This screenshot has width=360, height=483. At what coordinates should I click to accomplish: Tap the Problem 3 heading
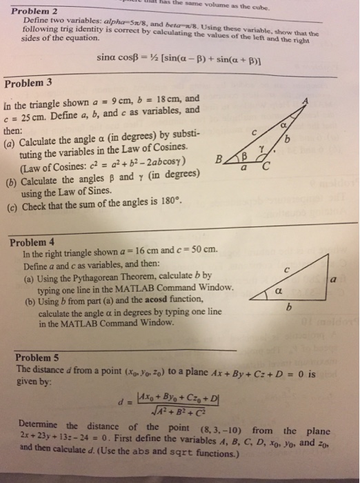point(28,84)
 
